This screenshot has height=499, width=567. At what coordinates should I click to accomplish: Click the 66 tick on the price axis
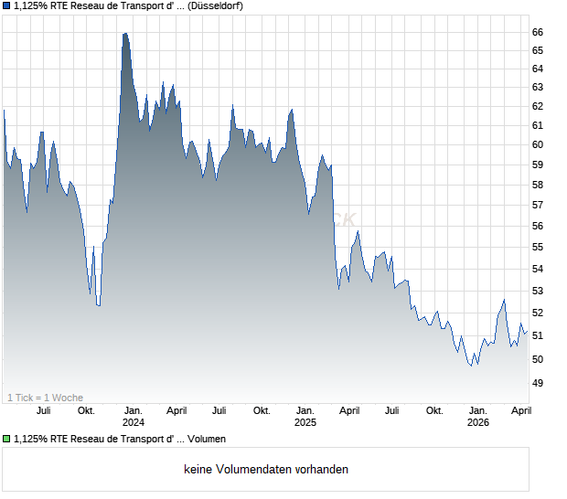click(539, 32)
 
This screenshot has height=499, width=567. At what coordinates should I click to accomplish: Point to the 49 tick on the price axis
click(539, 383)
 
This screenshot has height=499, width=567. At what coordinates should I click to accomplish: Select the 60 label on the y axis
click(539, 144)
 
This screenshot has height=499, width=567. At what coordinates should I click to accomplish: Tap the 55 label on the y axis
click(539, 247)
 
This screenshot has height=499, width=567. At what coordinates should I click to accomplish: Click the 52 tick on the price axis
click(539, 313)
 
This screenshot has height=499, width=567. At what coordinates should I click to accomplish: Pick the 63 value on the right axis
click(539, 88)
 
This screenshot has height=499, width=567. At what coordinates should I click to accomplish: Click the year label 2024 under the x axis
click(134, 422)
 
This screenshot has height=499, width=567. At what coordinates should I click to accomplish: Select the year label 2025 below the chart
click(305, 422)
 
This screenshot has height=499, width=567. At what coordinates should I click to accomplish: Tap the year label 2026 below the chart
click(478, 422)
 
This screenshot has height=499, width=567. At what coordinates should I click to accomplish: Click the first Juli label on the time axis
click(43, 410)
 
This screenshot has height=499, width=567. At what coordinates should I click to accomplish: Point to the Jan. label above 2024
click(134, 410)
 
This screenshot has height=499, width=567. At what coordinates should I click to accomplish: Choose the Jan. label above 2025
click(305, 410)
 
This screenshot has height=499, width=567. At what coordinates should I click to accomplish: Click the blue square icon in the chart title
click(6, 5)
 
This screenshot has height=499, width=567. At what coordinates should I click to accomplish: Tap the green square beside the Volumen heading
click(6, 440)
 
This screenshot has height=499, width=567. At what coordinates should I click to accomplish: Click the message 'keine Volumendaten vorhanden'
click(265, 470)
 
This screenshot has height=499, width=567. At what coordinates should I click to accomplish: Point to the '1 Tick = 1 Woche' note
click(46, 398)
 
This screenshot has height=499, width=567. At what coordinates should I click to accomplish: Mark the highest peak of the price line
click(124, 34)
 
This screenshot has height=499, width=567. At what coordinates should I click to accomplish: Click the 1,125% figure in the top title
click(33, 5)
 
